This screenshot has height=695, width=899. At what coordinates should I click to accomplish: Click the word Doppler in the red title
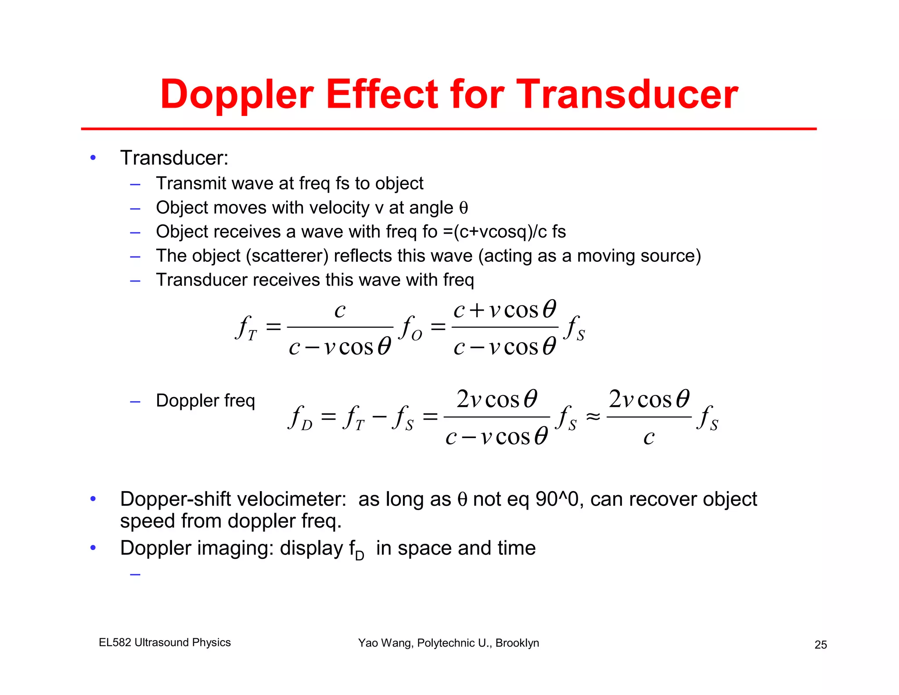tap(237, 94)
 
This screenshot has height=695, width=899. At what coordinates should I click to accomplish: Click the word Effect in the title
tap(382, 94)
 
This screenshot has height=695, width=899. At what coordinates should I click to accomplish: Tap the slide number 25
tap(820, 644)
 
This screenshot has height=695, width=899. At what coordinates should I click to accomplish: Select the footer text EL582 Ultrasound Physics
tap(165, 642)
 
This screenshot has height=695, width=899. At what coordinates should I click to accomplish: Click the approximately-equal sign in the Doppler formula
tap(593, 416)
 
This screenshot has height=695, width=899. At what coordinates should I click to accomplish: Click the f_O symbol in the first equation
tap(411, 328)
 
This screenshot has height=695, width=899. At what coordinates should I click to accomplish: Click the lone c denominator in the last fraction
tap(649, 437)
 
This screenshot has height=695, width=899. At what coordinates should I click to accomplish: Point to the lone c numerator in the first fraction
tap(340, 310)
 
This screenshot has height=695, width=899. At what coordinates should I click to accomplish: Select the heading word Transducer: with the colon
tap(174, 158)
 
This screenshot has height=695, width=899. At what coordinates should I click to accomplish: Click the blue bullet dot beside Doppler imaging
tap(93, 548)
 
